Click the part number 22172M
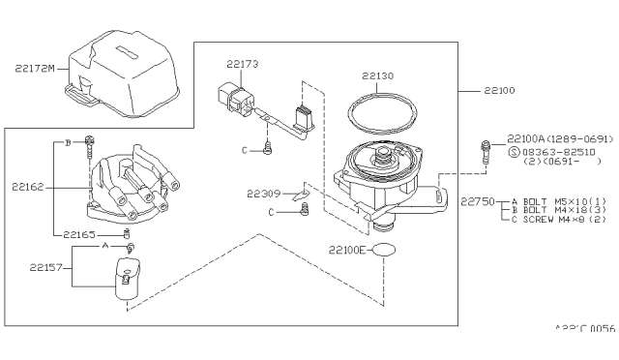point(36,69)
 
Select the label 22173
point(243,64)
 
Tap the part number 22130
point(378,74)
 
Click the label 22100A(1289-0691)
point(558,138)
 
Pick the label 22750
point(478,202)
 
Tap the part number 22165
point(82,234)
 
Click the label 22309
point(263,193)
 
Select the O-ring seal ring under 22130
point(377,113)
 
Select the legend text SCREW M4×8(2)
point(561,221)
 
